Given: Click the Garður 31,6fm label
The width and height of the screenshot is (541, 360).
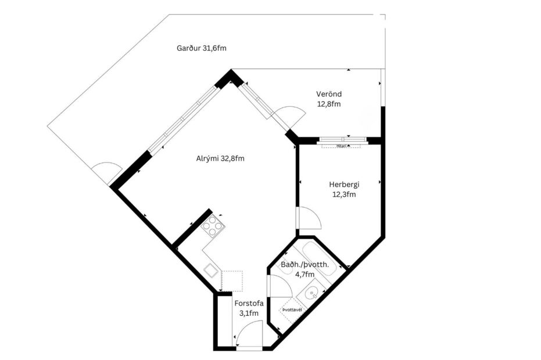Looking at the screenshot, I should (201, 48).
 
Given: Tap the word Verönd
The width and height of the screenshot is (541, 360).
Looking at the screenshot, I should (329, 94).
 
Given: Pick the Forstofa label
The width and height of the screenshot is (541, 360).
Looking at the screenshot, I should (249, 303).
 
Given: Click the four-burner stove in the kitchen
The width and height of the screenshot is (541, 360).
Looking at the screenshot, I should (213, 225).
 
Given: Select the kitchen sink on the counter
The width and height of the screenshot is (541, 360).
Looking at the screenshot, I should (210, 270).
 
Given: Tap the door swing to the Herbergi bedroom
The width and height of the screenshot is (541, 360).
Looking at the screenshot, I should (308, 219).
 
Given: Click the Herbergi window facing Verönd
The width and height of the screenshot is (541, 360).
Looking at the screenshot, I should (343, 140).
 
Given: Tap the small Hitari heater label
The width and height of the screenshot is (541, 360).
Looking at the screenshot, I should (342, 146).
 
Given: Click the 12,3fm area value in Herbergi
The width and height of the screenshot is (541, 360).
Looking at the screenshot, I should (344, 195).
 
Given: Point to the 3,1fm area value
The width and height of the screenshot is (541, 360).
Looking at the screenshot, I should (249, 313).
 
